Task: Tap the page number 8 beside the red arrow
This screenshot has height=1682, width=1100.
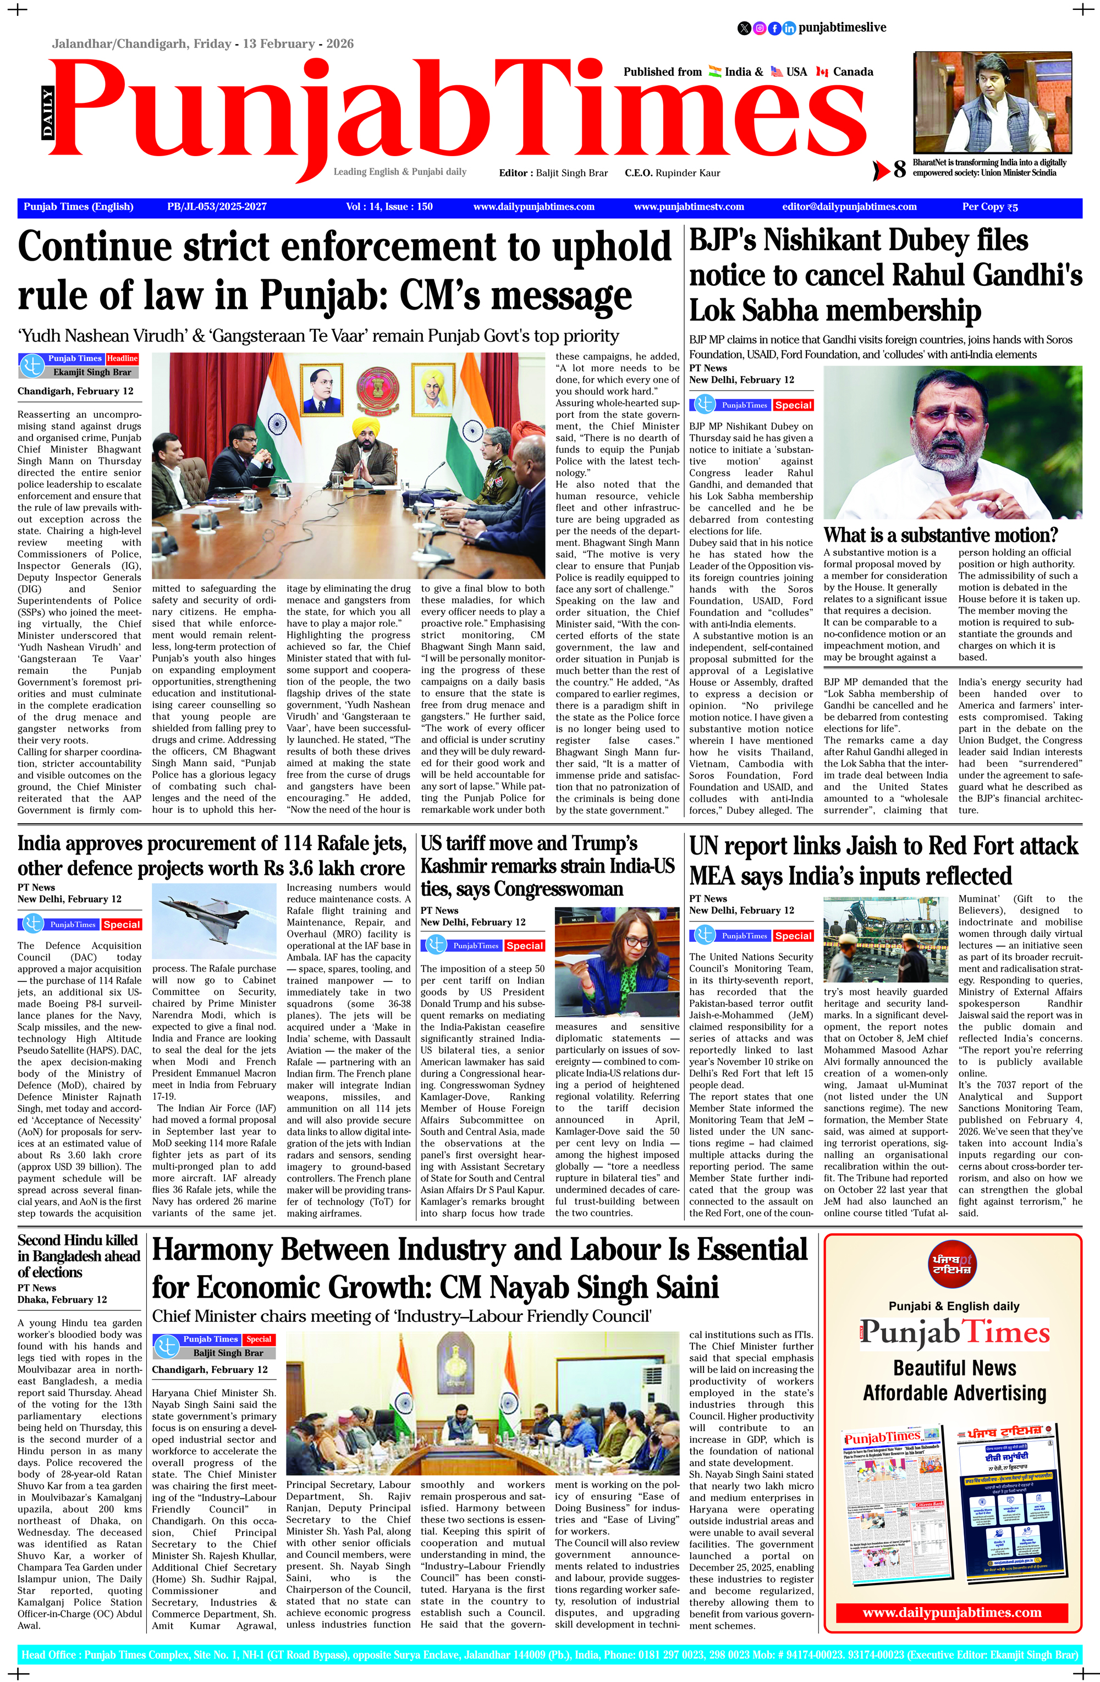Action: pyautogui.click(x=899, y=169)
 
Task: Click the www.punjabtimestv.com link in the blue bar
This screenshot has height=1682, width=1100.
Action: pyautogui.click(x=689, y=207)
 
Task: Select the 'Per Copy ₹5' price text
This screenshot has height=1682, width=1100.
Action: pyautogui.click(x=989, y=207)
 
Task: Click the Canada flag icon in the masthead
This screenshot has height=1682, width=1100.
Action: pyautogui.click(x=822, y=71)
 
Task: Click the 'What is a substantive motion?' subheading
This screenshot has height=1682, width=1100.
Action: pyautogui.click(x=941, y=534)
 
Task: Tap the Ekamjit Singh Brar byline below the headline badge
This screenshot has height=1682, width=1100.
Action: pyautogui.click(x=91, y=372)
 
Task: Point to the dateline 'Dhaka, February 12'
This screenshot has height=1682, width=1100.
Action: pyautogui.click(x=62, y=1300)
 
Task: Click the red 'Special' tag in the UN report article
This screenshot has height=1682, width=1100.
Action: pyautogui.click(x=793, y=936)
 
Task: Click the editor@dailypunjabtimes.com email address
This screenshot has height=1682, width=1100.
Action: pyautogui.click(x=849, y=207)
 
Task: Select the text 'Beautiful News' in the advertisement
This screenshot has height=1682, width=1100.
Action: pyautogui.click(x=954, y=1367)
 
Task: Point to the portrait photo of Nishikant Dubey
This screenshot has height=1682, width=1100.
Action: pyautogui.click(x=952, y=443)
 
